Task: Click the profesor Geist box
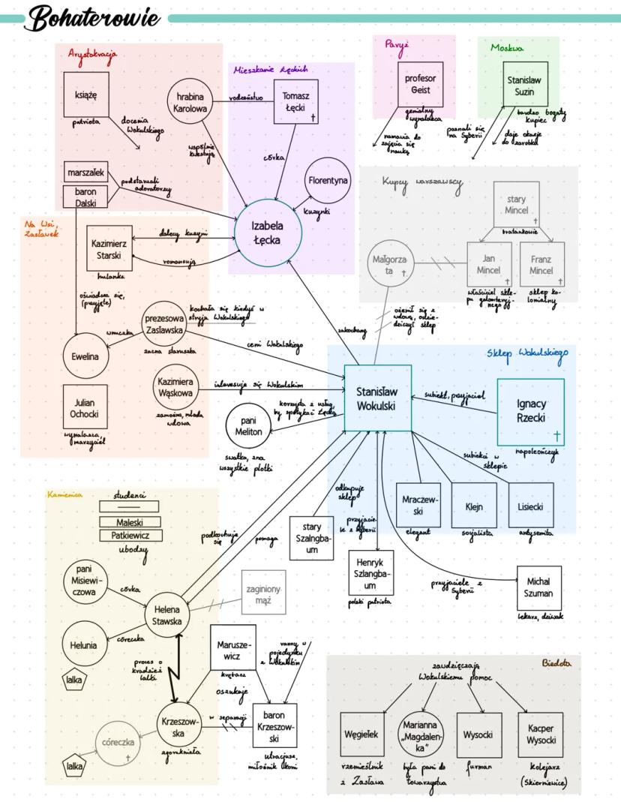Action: click(420, 84)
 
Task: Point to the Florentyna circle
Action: click(328, 181)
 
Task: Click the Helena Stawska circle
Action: click(168, 614)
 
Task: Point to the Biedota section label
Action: click(556, 663)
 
